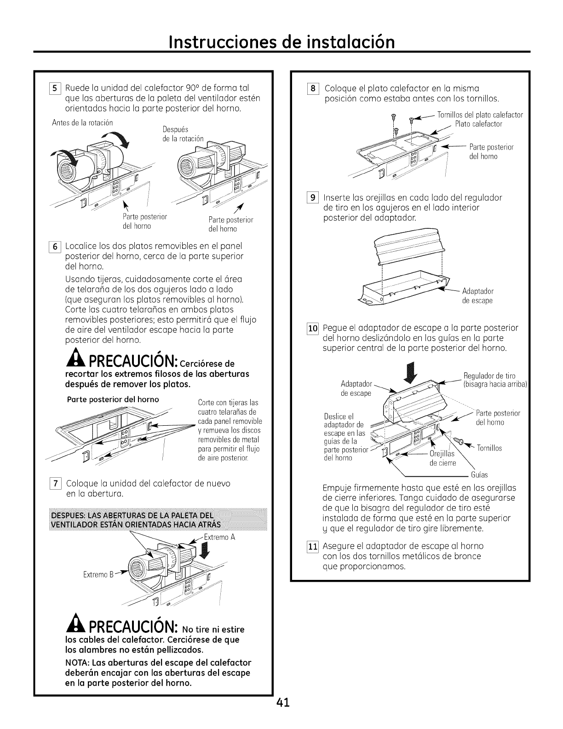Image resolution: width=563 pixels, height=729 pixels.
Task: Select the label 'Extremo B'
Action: pyautogui.click(x=98, y=575)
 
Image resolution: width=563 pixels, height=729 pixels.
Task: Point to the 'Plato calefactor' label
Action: pyautogui.click(x=478, y=124)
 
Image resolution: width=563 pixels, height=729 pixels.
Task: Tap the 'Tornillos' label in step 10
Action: pyautogui.click(x=489, y=448)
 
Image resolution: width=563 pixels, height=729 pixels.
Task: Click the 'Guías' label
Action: pyautogui.click(x=479, y=475)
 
